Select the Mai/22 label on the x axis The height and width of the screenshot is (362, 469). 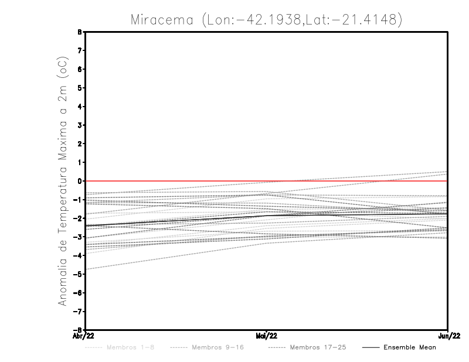click(x=267, y=336)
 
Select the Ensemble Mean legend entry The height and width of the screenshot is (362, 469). click(x=409, y=347)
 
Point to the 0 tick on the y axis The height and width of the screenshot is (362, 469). click(x=79, y=181)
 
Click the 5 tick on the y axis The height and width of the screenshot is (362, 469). click(x=79, y=88)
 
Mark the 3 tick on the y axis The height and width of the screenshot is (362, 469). click(x=79, y=125)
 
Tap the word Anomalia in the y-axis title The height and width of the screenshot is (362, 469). click(x=63, y=281)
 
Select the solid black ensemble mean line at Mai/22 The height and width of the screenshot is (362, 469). click(x=267, y=216)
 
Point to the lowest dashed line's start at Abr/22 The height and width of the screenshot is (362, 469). click(x=86, y=269)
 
